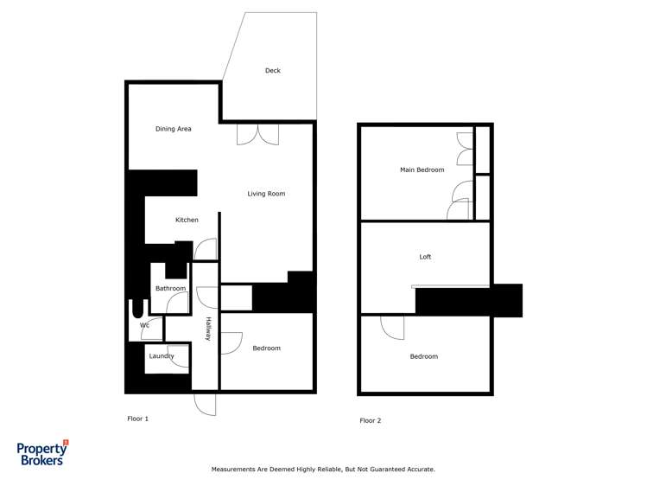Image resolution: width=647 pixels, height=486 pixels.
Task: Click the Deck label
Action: click(x=272, y=71)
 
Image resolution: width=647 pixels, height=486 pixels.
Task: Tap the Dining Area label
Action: click(x=173, y=129)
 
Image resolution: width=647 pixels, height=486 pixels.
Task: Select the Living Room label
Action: click(x=266, y=194)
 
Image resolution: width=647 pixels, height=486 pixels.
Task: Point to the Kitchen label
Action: click(x=187, y=220)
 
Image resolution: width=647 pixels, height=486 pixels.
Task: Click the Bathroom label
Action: click(x=170, y=288)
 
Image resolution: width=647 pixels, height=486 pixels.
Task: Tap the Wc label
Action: click(x=144, y=325)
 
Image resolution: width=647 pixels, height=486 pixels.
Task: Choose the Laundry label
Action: click(x=162, y=355)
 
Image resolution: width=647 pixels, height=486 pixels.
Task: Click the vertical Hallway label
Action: click(x=208, y=329)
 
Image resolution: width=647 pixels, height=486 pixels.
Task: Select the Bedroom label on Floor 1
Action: click(x=266, y=349)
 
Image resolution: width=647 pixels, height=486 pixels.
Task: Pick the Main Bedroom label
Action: click(x=422, y=169)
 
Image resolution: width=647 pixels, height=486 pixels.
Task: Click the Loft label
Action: click(x=425, y=257)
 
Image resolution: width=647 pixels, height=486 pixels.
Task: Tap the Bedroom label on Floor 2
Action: click(x=423, y=356)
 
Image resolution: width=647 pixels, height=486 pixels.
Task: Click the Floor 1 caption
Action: click(x=138, y=419)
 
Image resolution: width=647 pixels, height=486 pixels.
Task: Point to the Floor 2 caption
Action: click(x=370, y=420)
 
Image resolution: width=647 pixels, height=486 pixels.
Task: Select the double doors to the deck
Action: click(x=258, y=134)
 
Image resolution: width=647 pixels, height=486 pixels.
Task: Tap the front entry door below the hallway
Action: click(x=206, y=404)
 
